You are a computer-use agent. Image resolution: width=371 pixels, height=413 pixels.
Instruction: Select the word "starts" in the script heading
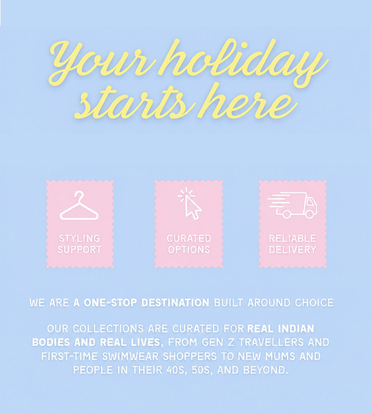click(135, 103)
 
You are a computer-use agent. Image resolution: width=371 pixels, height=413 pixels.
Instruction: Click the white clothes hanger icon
click(79, 205)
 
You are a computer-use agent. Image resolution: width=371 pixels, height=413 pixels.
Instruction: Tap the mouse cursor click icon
click(190, 203)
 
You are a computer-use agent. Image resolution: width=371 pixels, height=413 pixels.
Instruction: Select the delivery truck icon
click(292, 205)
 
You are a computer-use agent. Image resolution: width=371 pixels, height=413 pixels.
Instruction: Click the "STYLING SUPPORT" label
click(80, 244)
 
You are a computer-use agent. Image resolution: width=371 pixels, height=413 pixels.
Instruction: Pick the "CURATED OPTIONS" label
click(189, 244)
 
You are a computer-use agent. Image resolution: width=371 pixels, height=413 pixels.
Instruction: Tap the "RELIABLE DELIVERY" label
click(292, 244)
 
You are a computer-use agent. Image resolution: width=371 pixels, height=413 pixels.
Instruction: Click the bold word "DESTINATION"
click(175, 303)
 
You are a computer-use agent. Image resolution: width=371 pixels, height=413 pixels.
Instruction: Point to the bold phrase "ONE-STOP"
click(110, 303)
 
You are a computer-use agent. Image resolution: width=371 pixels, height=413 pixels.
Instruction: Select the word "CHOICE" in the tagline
click(314, 303)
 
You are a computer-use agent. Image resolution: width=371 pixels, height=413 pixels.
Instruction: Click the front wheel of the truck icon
click(310, 214)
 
